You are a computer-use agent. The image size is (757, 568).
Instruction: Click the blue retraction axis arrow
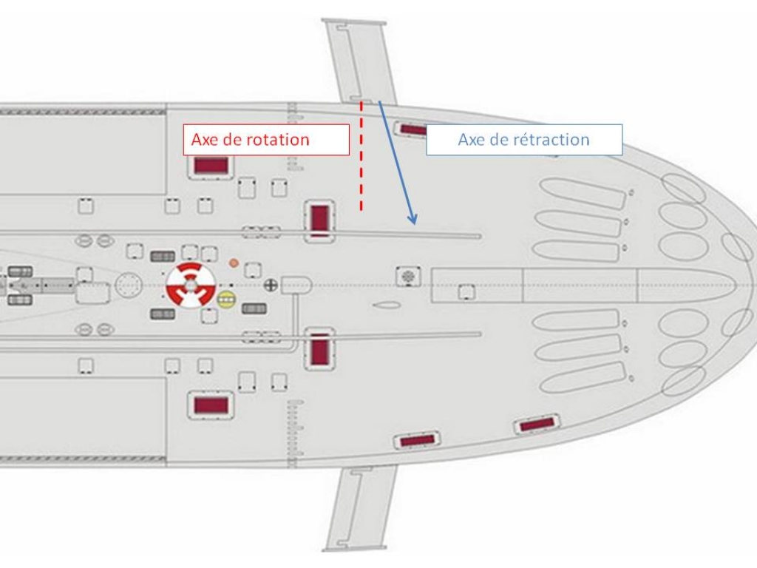point(398,163)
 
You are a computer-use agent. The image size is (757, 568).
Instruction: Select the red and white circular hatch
point(191,284)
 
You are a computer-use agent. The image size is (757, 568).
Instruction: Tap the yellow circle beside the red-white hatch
point(226,299)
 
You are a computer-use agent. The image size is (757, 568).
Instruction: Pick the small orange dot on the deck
point(234,263)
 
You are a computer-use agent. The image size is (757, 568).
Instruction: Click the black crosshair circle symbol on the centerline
point(271,284)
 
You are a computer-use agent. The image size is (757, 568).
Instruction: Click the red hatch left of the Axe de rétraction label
point(414,130)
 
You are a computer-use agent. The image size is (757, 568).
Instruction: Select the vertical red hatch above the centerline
point(319,220)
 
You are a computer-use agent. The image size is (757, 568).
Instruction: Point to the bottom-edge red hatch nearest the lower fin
point(418,440)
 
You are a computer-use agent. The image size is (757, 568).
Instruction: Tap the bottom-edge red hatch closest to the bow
point(537,425)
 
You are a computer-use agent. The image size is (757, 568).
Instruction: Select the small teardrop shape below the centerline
point(387,305)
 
